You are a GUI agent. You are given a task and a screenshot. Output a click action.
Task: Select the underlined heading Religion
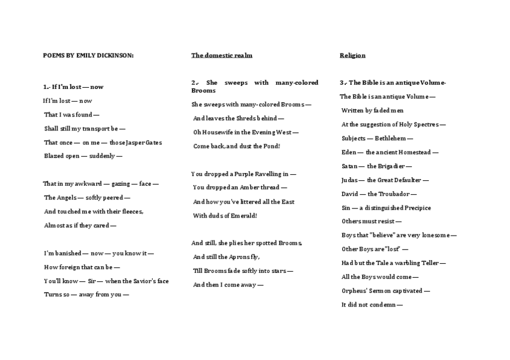(352, 55)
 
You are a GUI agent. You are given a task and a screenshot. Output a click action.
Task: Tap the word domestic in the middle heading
(218, 55)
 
